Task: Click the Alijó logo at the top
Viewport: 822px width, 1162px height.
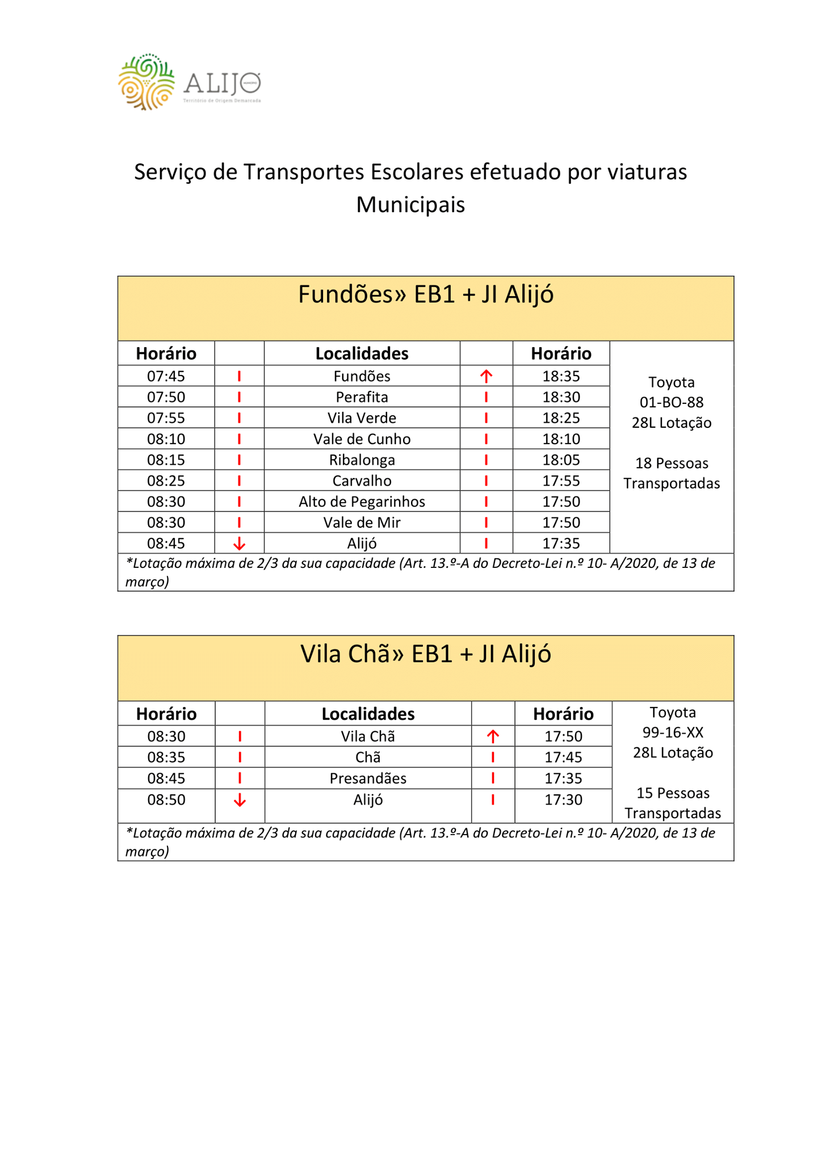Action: (189, 83)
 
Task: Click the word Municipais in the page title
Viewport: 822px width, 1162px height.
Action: (410, 205)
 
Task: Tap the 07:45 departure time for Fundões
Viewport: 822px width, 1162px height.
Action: (166, 376)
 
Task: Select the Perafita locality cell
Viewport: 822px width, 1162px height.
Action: (362, 397)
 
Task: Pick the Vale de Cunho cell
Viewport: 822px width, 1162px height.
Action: (362, 439)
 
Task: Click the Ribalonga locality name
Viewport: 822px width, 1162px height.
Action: (362, 460)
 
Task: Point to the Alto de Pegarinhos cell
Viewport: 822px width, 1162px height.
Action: (362, 502)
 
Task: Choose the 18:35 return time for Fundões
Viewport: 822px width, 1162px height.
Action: (561, 376)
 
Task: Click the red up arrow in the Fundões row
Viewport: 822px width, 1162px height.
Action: (486, 376)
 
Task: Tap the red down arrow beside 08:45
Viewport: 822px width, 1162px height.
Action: (240, 544)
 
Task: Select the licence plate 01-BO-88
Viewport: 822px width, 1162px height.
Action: (672, 402)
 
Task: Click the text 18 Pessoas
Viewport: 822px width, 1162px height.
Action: (672, 463)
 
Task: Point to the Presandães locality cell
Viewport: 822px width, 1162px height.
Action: (368, 778)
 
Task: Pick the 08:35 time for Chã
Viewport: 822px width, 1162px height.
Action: (166, 757)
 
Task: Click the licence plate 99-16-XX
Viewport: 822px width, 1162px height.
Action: (673, 732)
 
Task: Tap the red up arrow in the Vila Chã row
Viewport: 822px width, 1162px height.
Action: (493, 736)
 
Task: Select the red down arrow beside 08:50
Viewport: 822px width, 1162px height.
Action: (240, 801)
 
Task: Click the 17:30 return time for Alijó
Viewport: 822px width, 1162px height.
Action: (563, 800)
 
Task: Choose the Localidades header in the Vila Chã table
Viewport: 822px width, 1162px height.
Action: (368, 714)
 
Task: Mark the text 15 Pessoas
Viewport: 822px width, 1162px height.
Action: (673, 793)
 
